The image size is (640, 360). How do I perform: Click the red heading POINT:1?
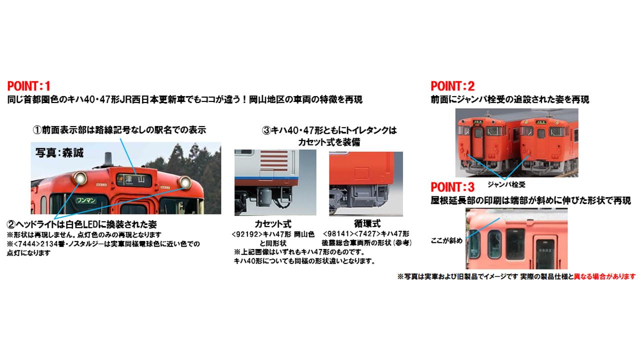pyautogui.click(x=29, y=85)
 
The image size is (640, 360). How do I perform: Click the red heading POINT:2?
pyautogui.click(x=452, y=85)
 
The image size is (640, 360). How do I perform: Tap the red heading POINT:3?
pyautogui.click(x=452, y=187)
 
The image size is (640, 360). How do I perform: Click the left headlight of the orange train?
pyautogui.click(x=78, y=177)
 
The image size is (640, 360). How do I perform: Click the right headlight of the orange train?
pyautogui.click(x=185, y=183)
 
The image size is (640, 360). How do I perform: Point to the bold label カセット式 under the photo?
pyautogui.click(x=272, y=224)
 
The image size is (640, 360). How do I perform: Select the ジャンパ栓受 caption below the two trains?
pyautogui.click(x=506, y=184)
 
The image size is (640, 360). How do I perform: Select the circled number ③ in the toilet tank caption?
pyautogui.click(x=266, y=130)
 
